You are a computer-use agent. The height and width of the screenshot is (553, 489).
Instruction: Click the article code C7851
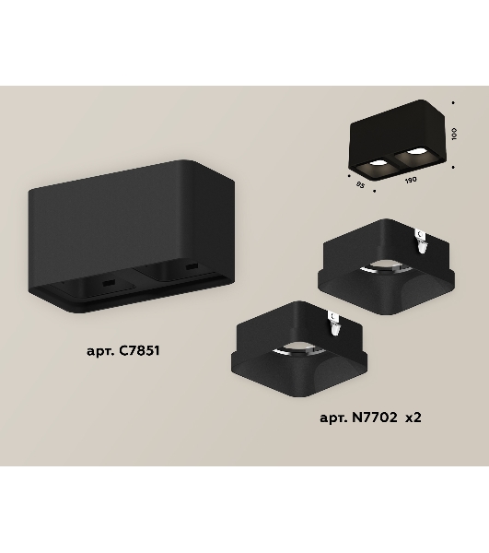pyautogui.click(x=139, y=350)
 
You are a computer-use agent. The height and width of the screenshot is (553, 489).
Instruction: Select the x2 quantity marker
pyautogui.click(x=413, y=418)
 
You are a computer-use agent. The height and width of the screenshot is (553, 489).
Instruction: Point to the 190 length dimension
pyautogui.click(x=411, y=180)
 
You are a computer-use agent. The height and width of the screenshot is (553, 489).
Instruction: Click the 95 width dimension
pyautogui.click(x=360, y=184)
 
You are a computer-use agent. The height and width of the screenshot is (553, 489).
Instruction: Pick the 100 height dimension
pyautogui.click(x=454, y=134)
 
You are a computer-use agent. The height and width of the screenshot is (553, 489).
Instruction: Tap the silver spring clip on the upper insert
pyautogui.click(x=422, y=241)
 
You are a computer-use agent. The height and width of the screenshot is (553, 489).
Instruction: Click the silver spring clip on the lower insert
pyautogui.click(x=334, y=323)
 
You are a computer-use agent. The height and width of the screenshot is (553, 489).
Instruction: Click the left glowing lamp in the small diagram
pyautogui.click(x=378, y=163)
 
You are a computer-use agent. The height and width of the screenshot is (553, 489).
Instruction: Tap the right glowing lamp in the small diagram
pyautogui.click(x=415, y=152)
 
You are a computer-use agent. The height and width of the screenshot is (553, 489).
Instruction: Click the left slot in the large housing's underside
pyautogui.click(x=109, y=283)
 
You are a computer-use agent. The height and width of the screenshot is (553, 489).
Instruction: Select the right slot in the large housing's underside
pyautogui.click(x=192, y=266)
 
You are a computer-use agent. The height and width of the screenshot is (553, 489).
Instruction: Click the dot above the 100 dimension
pyautogui.click(x=453, y=103)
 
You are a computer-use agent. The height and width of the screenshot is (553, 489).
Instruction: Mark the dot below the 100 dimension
pyautogui.click(x=453, y=167)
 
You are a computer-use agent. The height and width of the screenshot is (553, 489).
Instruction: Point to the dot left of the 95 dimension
pyautogui.click(x=349, y=175)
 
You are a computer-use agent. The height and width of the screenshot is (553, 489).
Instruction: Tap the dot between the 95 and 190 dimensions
pyautogui.click(x=374, y=191)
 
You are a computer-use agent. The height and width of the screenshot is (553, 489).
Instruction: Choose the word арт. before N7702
pyautogui.click(x=333, y=418)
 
